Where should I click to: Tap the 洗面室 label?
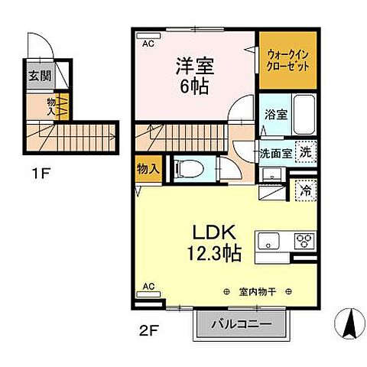click(x=274, y=152)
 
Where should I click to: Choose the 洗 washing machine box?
click(x=305, y=151)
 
